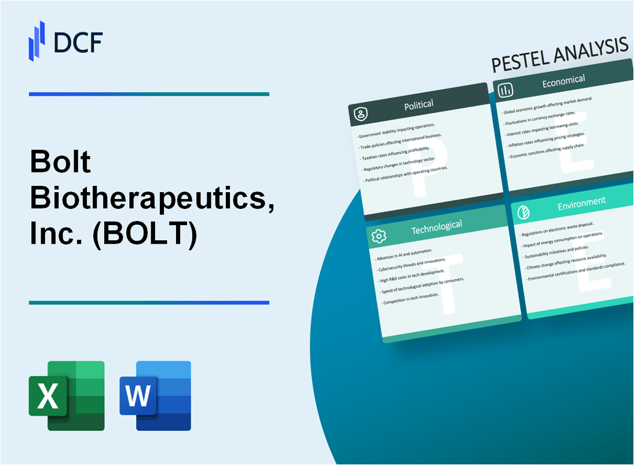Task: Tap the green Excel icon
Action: pos(67,396)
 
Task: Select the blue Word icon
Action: pos(155,396)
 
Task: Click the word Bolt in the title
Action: pos(61,163)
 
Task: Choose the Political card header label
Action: pos(419,104)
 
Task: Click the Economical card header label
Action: pos(563,82)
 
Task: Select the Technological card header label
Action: pos(436,227)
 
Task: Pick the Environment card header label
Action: pos(581,201)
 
